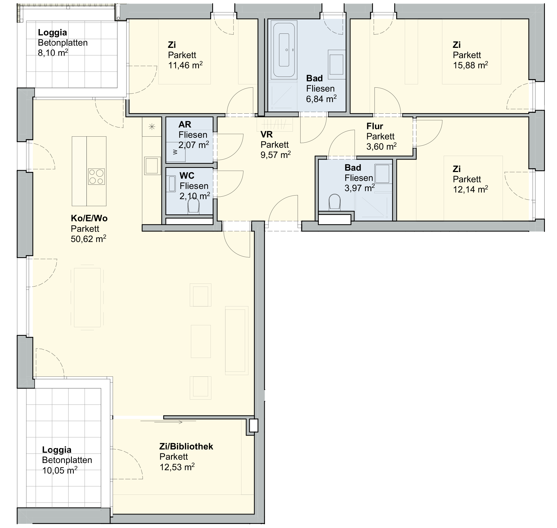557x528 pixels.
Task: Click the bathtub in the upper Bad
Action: click(x=284, y=50)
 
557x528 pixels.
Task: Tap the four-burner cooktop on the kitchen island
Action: click(x=96, y=176)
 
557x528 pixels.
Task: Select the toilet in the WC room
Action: click(x=193, y=206)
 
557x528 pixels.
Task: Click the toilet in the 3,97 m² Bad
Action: click(x=334, y=202)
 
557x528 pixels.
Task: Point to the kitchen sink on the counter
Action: click(x=152, y=165)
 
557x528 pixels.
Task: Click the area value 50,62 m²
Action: click(x=88, y=239)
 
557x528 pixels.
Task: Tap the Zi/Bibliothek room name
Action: click(x=186, y=446)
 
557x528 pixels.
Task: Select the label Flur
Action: click(x=375, y=126)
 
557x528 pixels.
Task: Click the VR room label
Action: click(x=267, y=134)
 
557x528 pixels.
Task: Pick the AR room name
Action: click(x=185, y=124)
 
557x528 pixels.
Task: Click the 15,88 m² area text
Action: click(x=470, y=65)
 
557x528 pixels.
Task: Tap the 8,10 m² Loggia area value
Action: click(x=53, y=53)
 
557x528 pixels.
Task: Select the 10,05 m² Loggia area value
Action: click(x=60, y=470)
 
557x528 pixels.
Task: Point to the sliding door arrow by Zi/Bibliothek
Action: click(x=161, y=422)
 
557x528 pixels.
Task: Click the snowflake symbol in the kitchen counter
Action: click(x=152, y=127)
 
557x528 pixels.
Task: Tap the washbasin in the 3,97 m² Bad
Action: click(x=382, y=174)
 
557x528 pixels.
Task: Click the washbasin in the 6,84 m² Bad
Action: click(x=336, y=64)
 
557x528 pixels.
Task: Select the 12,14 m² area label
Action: click(x=470, y=189)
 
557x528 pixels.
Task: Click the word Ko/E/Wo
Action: click(x=89, y=218)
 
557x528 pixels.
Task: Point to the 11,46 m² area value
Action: click(x=185, y=65)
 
